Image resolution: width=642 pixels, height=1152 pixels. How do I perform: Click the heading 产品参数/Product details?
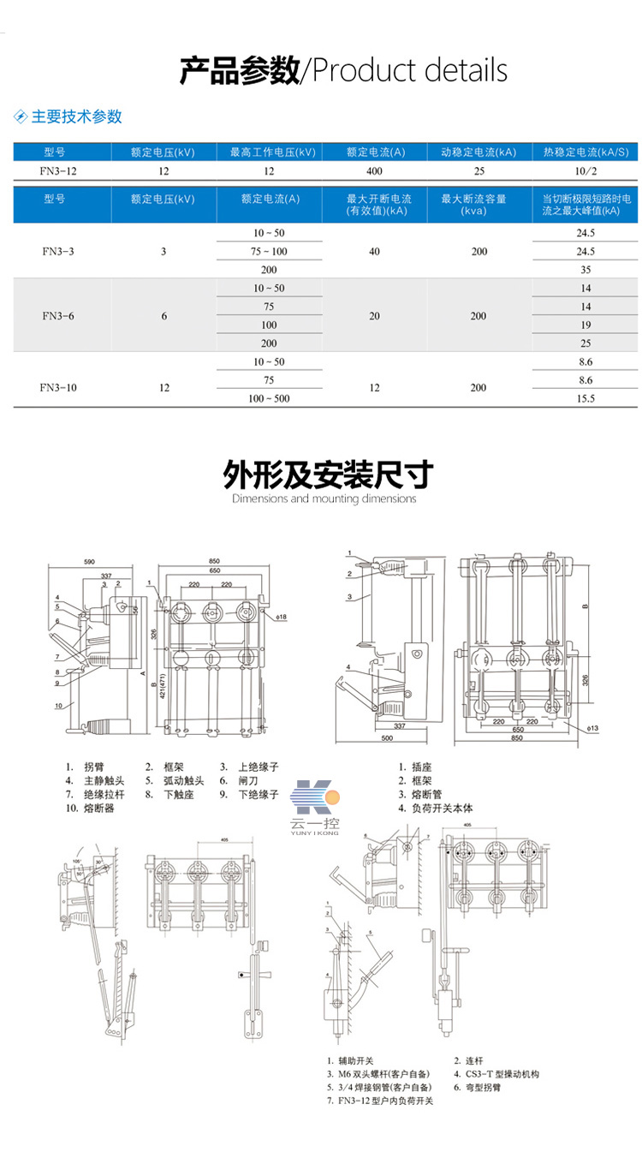[343, 70]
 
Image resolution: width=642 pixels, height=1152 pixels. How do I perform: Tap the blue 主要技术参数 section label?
[76, 116]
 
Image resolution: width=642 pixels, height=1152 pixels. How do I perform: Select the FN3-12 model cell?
[62, 171]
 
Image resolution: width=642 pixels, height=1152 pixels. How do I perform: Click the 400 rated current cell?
[374, 171]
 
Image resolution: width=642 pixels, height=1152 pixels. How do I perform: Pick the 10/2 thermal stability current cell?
[586, 171]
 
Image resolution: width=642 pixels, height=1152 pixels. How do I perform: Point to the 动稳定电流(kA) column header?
[479, 152]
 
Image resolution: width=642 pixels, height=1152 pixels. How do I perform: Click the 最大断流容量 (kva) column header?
[479, 205]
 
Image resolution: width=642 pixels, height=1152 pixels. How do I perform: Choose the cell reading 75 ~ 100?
[269, 251]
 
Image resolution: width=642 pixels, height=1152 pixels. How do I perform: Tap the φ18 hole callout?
[282, 617]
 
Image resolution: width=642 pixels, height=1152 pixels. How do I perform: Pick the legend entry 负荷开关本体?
[440, 808]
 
